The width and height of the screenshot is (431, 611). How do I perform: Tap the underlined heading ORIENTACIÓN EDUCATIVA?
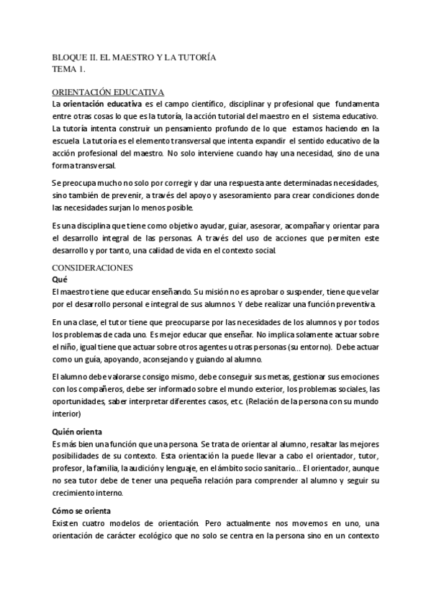point(109,93)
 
